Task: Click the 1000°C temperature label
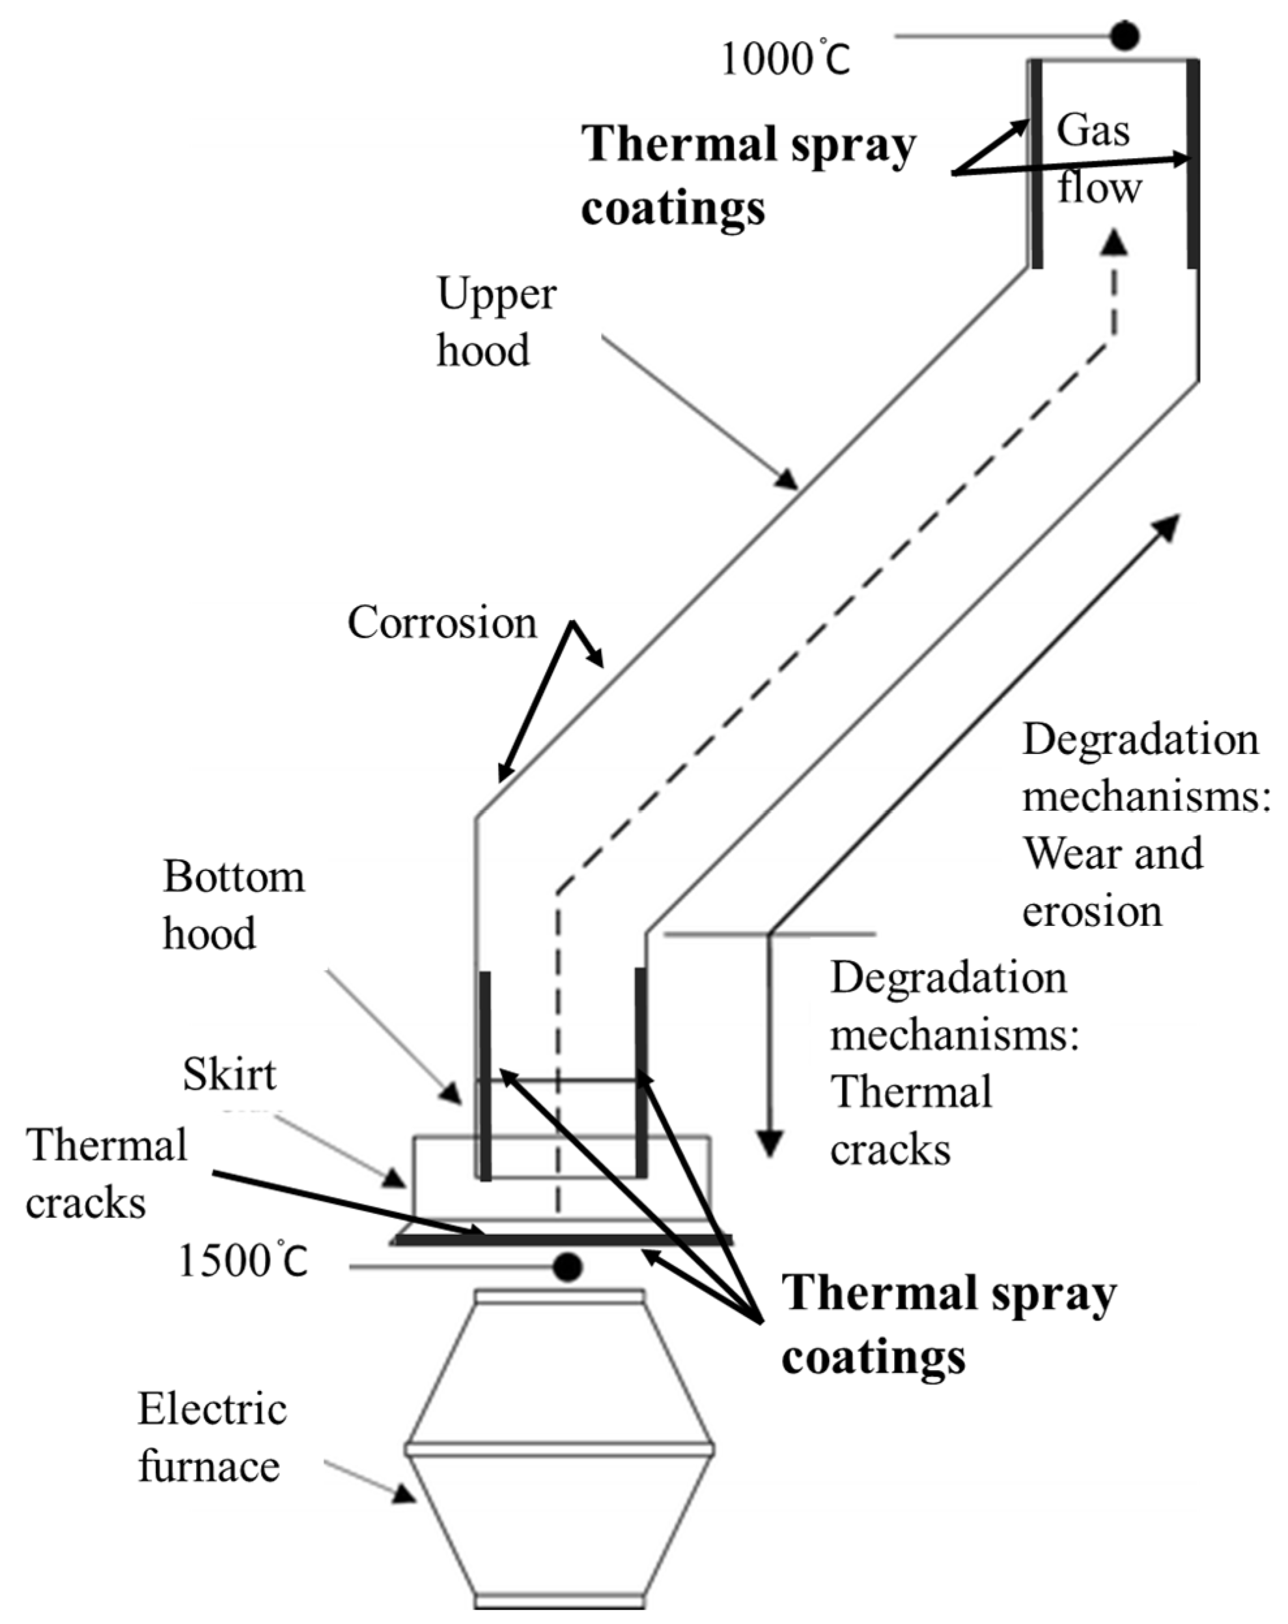tap(785, 59)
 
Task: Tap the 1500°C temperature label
tap(244, 1260)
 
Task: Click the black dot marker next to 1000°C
tap(1125, 35)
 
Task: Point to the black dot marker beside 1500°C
tap(567, 1266)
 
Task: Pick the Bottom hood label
tap(234, 904)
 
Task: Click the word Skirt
tap(229, 1074)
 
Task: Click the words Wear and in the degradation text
tap(1112, 854)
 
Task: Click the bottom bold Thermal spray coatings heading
tap(948, 1326)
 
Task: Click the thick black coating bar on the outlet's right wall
tap(1192, 163)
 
